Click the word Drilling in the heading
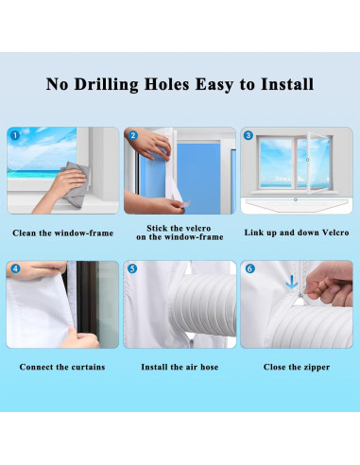[106, 84]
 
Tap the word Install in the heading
[287, 84]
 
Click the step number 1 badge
[15, 135]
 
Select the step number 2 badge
[133, 135]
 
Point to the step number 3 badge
[249, 135]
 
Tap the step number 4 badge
[15, 268]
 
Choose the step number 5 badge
[132, 268]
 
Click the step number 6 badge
[250, 268]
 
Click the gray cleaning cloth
[76, 184]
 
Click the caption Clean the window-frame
[63, 233]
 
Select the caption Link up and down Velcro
[297, 232]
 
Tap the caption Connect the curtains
[62, 367]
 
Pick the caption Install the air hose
[180, 367]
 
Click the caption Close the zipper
[297, 367]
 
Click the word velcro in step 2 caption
[197, 228]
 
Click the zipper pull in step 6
[300, 295]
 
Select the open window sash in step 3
[318, 163]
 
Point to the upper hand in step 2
[148, 144]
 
